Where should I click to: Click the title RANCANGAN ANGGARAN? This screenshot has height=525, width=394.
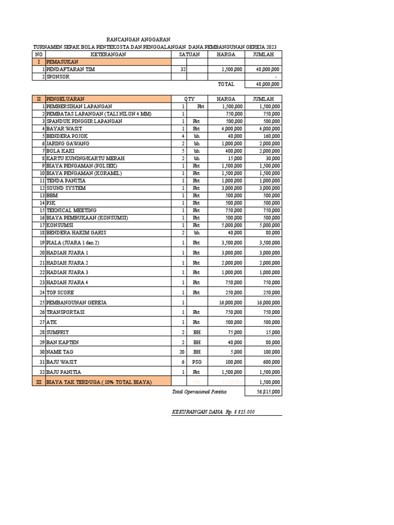(138, 39)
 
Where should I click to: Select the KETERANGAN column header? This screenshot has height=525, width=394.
(108, 54)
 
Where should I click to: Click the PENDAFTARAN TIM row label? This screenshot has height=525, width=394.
(70, 69)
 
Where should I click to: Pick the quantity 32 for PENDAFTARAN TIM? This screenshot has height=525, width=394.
(183, 69)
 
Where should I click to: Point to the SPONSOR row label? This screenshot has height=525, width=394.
(58, 76)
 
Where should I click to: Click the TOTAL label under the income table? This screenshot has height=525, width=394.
(226, 84)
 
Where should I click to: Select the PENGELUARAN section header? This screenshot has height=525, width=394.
(65, 98)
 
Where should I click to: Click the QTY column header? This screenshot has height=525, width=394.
(189, 98)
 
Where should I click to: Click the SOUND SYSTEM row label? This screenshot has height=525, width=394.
(66, 188)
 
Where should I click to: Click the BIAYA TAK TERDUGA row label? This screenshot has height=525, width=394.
(98, 382)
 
